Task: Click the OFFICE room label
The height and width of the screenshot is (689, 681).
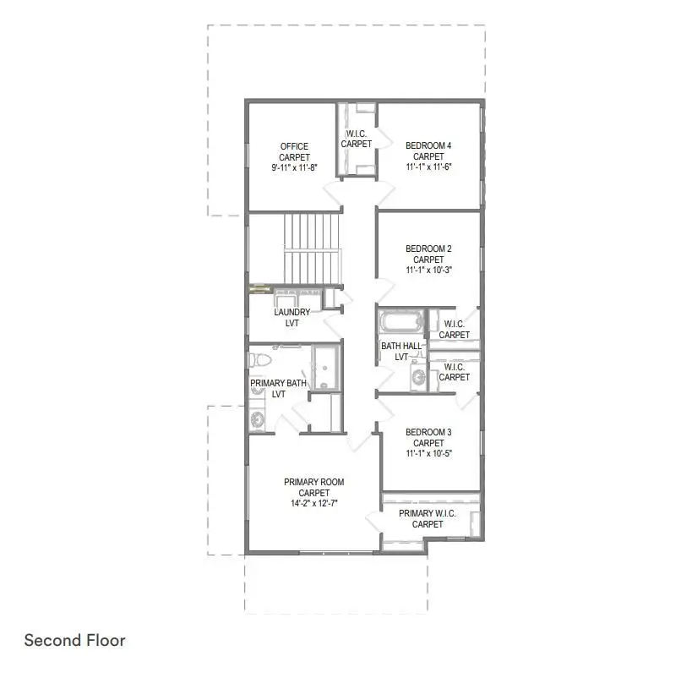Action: [295, 146]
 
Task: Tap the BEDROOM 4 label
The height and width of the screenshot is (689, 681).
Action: [428, 146]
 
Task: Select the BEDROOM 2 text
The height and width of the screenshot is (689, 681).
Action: [428, 249]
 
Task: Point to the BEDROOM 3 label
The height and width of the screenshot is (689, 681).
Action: [428, 432]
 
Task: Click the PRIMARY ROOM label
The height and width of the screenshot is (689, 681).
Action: [313, 482]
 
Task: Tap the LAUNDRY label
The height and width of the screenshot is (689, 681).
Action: [291, 312]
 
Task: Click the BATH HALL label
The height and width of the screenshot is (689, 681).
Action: [401, 346]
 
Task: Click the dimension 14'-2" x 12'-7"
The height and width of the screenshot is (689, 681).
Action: [313, 504]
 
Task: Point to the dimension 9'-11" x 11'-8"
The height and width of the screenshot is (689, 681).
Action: [295, 168]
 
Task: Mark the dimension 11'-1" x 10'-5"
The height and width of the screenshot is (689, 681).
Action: [428, 454]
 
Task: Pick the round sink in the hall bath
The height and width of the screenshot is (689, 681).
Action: [417, 377]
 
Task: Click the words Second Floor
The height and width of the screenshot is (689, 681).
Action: [74, 640]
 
